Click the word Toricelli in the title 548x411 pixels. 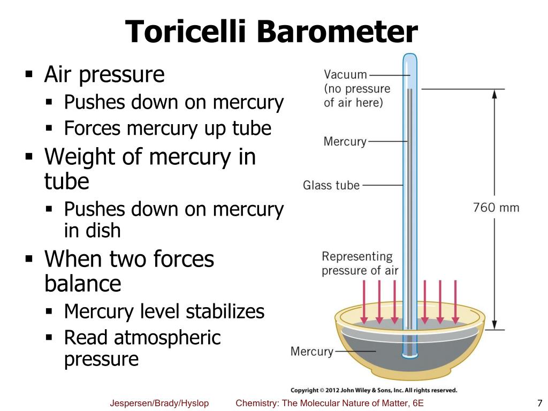(186, 32)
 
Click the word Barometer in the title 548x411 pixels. (338, 32)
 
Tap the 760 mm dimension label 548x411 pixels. (496, 208)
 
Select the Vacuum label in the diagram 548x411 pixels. (345, 74)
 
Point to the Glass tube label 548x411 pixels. (331, 185)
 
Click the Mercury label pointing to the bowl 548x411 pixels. (312, 351)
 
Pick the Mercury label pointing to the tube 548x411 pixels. (345, 141)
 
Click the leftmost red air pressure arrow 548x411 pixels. (364, 302)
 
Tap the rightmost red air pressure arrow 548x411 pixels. (455, 302)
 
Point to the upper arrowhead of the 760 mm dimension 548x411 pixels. (494, 94)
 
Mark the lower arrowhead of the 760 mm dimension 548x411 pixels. (494, 325)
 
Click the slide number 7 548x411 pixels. (539, 403)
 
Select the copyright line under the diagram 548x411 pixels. (374, 390)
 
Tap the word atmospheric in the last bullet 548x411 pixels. (167, 338)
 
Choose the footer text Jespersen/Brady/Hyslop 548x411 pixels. (159, 403)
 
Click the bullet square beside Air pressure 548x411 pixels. (29, 74)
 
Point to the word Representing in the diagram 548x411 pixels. (357, 256)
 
